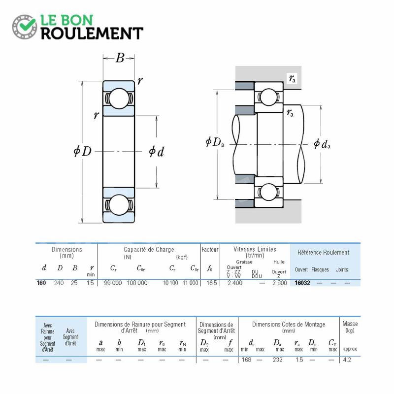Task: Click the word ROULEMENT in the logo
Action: [x=92, y=33]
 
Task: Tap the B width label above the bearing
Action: [x=120, y=58]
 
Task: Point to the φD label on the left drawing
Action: [x=82, y=151]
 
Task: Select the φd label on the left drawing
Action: [x=156, y=152]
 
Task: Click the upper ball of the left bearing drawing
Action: [x=119, y=98]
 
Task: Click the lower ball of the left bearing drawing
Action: [x=119, y=205]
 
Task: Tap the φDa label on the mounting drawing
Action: [x=215, y=142]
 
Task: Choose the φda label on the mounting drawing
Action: [x=322, y=144]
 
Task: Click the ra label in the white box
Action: [x=292, y=78]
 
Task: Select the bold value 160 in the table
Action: [x=41, y=283]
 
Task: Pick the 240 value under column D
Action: [x=59, y=283]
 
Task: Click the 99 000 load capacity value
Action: [x=113, y=283]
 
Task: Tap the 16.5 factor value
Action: [x=212, y=283]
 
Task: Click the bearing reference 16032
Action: [x=302, y=283]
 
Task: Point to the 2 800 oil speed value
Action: [x=280, y=283]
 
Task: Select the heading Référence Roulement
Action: [x=324, y=252]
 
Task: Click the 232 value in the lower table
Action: [x=278, y=360]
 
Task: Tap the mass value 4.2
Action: [x=347, y=360]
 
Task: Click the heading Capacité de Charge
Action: [x=149, y=250]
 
